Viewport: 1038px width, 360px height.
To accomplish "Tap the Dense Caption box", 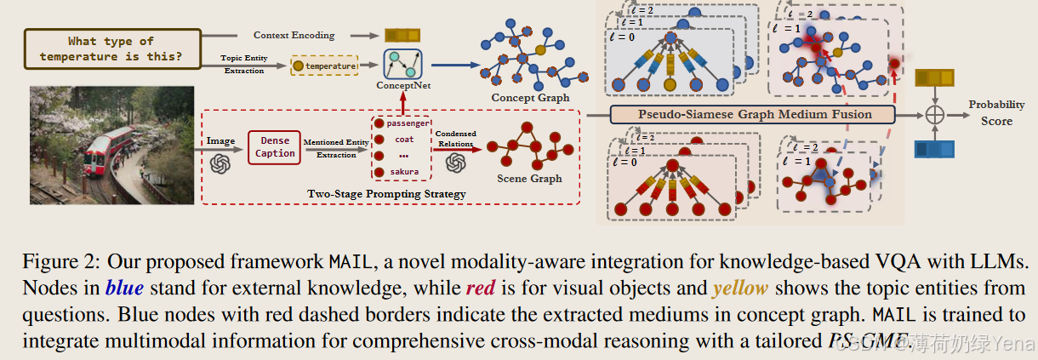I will [x=275, y=146].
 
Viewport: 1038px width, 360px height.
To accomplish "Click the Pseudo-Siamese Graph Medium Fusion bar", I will [x=754, y=114].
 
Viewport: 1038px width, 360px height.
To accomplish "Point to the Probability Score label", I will [x=996, y=112].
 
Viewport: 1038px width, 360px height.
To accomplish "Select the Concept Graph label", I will [x=530, y=98].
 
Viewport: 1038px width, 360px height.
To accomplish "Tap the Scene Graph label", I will [x=528, y=179].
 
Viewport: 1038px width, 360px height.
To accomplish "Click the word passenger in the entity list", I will [x=408, y=123].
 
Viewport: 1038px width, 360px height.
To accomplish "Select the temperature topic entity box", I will [x=325, y=65].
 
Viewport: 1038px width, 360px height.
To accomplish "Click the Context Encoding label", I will [x=294, y=35].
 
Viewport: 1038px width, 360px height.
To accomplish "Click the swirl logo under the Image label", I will [x=221, y=161].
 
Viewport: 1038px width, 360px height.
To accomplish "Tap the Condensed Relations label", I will [x=456, y=138].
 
